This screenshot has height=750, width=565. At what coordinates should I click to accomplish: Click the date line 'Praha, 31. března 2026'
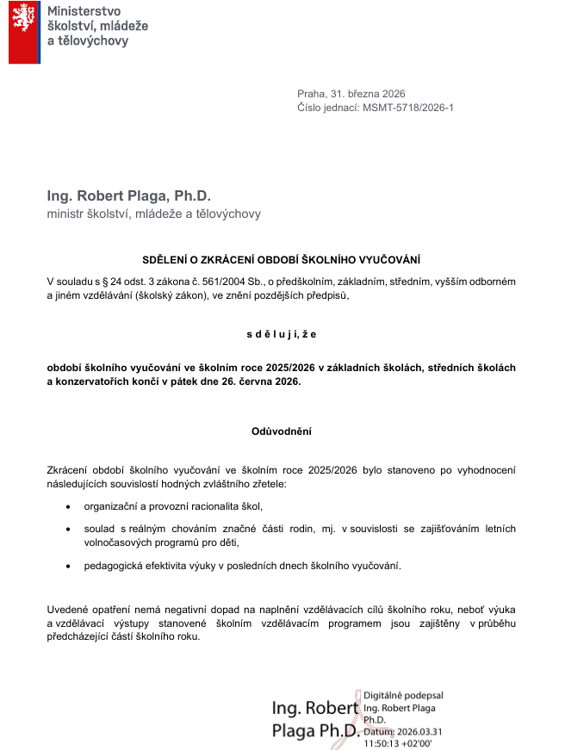pos(351,94)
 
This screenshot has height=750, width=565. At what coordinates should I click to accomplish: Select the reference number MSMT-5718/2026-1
pos(408,108)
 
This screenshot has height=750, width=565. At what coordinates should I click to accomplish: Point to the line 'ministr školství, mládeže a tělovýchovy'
pos(153,214)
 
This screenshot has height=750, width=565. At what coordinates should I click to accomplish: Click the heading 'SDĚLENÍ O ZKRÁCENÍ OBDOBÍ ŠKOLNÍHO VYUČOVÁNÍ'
pos(282,259)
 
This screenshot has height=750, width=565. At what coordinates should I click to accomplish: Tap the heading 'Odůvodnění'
pos(281,431)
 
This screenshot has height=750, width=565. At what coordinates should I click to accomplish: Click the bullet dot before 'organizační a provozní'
pos(69,506)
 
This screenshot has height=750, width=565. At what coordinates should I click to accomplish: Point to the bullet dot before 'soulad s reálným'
pos(69,527)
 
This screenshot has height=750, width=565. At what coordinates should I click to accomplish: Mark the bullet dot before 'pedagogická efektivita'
pos(69,567)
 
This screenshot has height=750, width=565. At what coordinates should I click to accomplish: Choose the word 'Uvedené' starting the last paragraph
pos(67,610)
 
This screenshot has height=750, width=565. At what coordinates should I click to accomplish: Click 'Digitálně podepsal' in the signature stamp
pos(404,695)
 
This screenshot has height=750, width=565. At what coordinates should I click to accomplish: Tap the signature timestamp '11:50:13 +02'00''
pos(398,742)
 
